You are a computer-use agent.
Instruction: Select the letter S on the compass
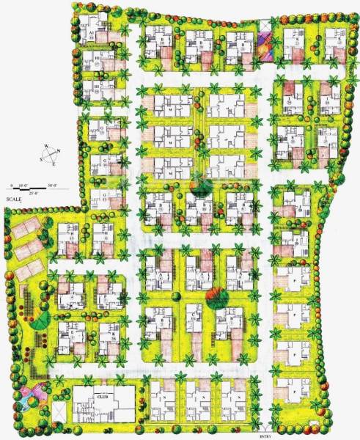pos(40,158)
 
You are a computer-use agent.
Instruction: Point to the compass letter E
pos(53,165)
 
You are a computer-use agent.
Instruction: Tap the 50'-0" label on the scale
pos(53,186)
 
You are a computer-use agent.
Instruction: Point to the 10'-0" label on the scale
pos(23,186)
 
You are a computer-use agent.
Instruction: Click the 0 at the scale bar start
pos(12,186)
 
